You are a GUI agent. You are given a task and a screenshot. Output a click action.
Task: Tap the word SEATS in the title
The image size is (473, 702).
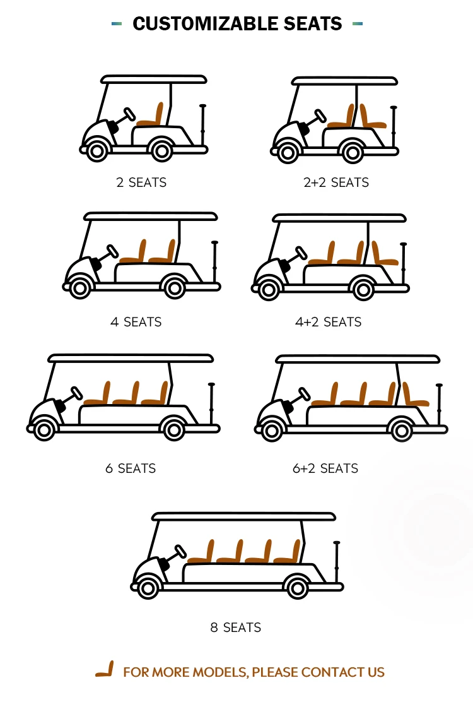(x=308, y=24)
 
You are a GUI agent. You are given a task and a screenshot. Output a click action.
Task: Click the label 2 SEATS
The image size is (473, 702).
(x=141, y=182)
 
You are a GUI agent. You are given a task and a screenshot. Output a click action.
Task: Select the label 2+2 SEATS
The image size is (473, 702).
(x=336, y=182)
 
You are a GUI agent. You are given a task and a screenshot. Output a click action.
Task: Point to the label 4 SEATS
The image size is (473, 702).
(x=136, y=322)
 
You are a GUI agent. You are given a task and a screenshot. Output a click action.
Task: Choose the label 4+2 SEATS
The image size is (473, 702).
(x=328, y=322)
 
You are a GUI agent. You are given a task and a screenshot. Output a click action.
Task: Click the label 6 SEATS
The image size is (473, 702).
(x=130, y=468)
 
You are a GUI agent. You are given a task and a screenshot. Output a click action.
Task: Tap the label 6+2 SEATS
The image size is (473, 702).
(x=325, y=468)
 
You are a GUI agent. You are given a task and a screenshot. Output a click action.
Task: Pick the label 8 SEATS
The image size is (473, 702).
(x=235, y=628)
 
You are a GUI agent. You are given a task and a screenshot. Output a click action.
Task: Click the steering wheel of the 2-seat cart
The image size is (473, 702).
(x=129, y=115)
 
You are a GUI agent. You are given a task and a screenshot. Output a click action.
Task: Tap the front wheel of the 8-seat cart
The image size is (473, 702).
(x=148, y=588)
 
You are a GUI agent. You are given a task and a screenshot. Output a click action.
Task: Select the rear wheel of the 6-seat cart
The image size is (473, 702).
(x=173, y=429)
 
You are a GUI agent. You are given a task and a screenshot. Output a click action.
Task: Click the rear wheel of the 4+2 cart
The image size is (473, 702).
(x=363, y=289)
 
